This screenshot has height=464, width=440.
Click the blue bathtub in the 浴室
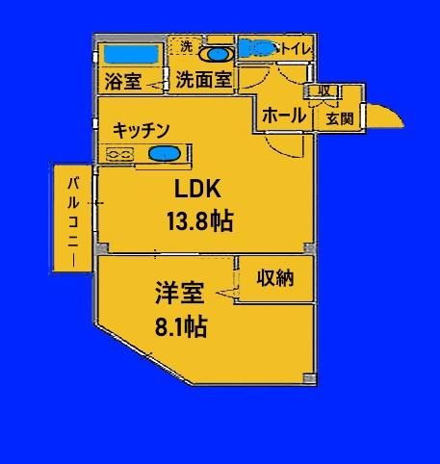132,54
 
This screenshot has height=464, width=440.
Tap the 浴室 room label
123,82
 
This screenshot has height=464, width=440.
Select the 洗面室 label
203,79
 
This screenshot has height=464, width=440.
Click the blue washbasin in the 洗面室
217,55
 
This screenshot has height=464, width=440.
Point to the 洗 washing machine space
186,46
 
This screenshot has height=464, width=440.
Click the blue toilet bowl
257,48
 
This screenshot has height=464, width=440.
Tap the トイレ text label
296,49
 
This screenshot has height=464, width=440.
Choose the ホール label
284,116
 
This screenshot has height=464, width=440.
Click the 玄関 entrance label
340,119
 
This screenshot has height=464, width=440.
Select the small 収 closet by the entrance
324,91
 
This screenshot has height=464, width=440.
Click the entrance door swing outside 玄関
385,116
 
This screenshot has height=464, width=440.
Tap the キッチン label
142,130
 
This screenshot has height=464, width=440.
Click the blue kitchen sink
165,154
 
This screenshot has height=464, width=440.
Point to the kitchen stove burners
119,154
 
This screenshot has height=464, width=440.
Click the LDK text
197,189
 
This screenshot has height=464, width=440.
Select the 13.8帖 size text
199,221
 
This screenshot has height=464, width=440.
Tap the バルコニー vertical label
73,222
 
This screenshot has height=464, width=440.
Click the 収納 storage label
275,278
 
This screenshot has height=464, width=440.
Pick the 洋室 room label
180,293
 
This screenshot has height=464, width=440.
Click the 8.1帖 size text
181,326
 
